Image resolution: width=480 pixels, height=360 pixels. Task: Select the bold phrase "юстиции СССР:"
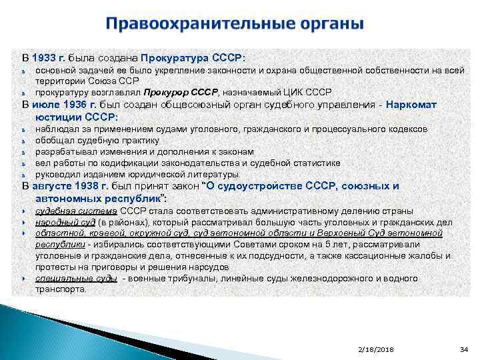77,117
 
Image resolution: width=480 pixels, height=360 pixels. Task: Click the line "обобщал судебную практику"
97,140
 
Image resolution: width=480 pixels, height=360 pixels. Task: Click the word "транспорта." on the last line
61,290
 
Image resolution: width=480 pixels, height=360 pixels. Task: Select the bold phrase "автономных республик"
98,198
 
